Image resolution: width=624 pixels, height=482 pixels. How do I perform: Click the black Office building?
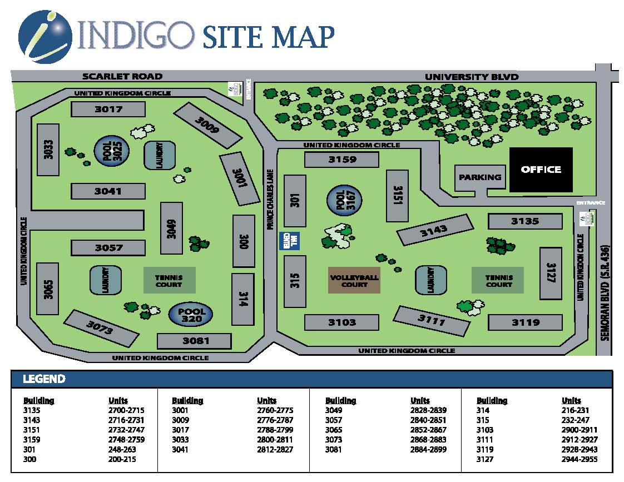(541, 170)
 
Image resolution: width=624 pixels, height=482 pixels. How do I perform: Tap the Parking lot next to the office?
(480, 177)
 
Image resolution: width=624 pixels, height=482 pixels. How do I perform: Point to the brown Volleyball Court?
(354, 280)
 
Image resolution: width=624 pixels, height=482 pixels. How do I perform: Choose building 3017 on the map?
(108, 109)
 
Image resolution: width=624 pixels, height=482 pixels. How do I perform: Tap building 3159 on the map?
(341, 160)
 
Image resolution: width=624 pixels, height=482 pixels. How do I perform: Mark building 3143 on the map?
(437, 230)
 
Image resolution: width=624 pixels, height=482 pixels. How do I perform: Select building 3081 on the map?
(195, 341)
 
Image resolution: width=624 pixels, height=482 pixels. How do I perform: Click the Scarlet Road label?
(122, 76)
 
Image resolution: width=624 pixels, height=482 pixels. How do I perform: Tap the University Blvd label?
(472, 77)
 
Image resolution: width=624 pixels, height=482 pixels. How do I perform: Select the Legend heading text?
(44, 380)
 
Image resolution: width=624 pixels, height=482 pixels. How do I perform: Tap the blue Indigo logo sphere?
(44, 36)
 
